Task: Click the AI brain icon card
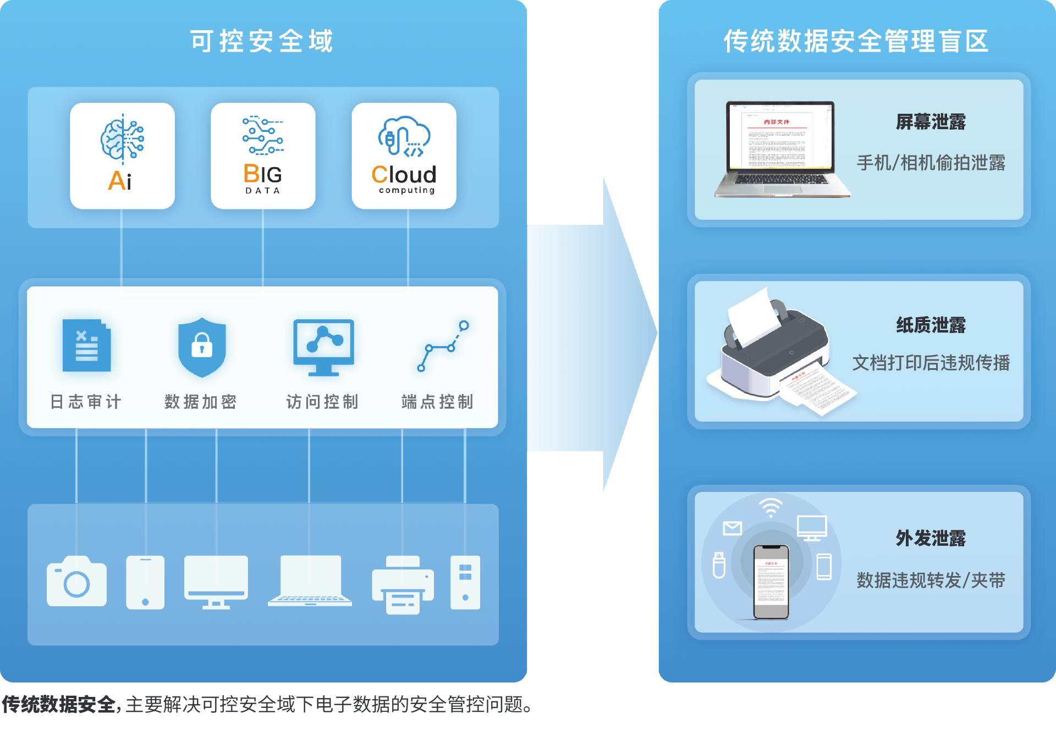(x=122, y=155)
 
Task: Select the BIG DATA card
(x=263, y=155)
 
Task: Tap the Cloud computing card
(x=404, y=155)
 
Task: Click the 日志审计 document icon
(x=86, y=346)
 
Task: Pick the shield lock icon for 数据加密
(x=202, y=347)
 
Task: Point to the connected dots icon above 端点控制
(x=442, y=346)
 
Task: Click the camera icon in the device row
(x=76, y=582)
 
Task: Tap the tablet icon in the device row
(x=145, y=582)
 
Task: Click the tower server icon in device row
(x=465, y=582)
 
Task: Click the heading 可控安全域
(x=262, y=41)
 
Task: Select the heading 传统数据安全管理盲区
(x=856, y=41)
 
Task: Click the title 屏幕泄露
(x=931, y=122)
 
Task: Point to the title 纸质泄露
(x=931, y=325)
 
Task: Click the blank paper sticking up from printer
(x=753, y=315)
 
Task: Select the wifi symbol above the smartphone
(x=771, y=508)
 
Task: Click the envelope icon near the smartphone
(x=732, y=528)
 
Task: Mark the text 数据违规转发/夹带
(x=931, y=580)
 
